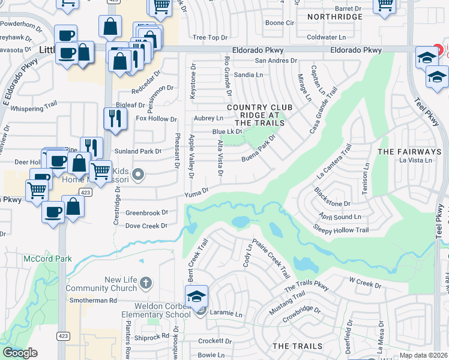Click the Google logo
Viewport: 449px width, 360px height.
pyautogui.click(x=20, y=353)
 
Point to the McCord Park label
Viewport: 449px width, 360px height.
pyautogui.click(x=47, y=259)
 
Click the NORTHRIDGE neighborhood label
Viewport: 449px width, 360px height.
pyautogui.click(x=335, y=17)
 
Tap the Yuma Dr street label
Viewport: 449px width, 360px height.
pyautogui.click(x=196, y=191)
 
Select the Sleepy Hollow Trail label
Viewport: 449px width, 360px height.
pyautogui.click(x=340, y=230)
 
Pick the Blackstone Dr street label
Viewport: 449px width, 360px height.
pyautogui.click(x=332, y=197)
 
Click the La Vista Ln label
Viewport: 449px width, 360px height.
pyautogui.click(x=415, y=160)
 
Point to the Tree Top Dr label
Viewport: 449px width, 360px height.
pyautogui.click(x=205, y=38)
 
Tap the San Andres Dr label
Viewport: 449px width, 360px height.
pyautogui.click(x=276, y=61)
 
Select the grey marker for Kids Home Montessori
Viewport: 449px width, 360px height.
pyautogui.click(x=138, y=175)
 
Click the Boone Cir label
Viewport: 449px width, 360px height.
pyautogui.click(x=280, y=23)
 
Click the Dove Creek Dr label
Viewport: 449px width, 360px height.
pyautogui.click(x=146, y=226)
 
